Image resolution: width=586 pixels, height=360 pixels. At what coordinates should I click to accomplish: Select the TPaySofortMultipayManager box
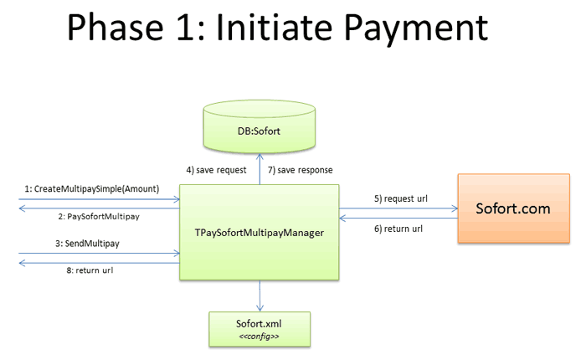pyautogui.click(x=260, y=232)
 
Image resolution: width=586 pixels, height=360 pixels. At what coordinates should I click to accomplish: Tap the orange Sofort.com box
pyautogui.click(x=513, y=208)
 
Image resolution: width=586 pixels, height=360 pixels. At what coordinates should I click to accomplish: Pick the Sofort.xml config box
pyautogui.click(x=260, y=327)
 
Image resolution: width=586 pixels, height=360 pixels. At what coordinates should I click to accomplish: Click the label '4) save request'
pyautogui.click(x=216, y=170)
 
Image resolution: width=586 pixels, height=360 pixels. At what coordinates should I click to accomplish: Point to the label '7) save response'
pyautogui.click(x=301, y=170)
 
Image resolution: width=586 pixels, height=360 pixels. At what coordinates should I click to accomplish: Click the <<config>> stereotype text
pyautogui.click(x=260, y=335)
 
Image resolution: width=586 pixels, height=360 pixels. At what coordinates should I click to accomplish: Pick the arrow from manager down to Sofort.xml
pyautogui.click(x=260, y=295)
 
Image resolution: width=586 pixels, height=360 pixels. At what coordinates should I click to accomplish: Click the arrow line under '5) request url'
pyautogui.click(x=398, y=209)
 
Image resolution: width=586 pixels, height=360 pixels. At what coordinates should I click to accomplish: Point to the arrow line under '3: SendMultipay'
pyautogui.click(x=99, y=252)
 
